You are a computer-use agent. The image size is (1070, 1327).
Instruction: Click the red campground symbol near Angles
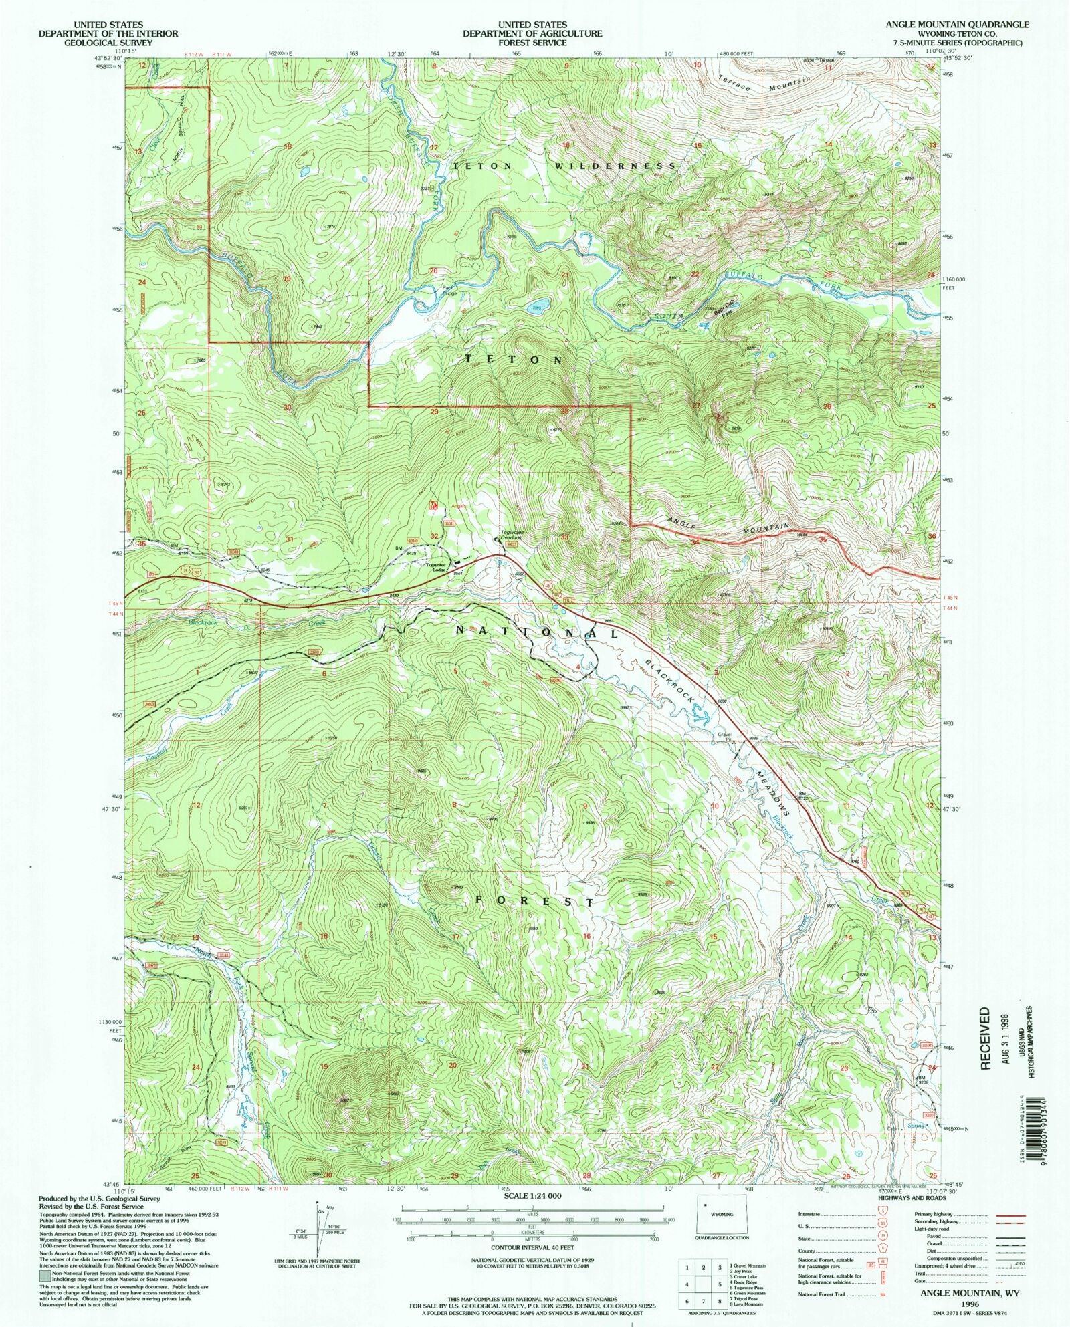tap(433, 505)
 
